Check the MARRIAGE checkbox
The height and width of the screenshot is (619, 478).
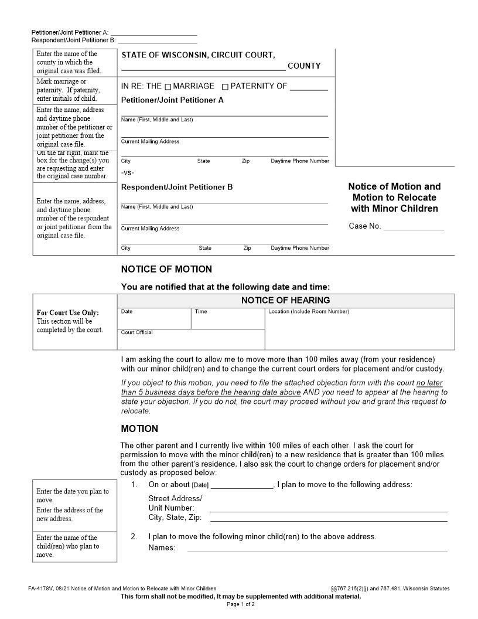click(x=168, y=87)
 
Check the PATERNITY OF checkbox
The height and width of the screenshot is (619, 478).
click(x=226, y=87)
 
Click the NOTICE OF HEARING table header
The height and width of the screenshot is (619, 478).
click(x=285, y=300)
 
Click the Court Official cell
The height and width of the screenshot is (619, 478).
click(x=191, y=340)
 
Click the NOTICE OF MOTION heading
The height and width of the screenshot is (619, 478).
click(x=166, y=270)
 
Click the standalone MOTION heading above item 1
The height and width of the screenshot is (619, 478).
click(x=139, y=429)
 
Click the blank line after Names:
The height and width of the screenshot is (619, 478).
click(x=317, y=549)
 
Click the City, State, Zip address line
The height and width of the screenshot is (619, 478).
click(x=329, y=519)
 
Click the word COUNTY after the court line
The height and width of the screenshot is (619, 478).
click(x=303, y=66)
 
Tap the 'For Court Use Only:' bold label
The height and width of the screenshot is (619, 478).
click(x=67, y=312)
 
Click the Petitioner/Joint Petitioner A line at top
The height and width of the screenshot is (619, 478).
click(x=153, y=33)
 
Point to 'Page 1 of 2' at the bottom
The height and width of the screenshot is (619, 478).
click(x=240, y=604)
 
